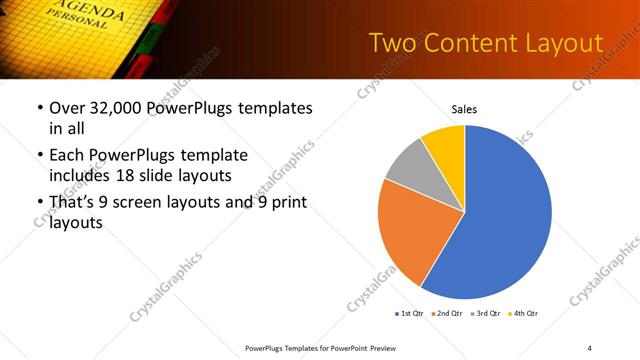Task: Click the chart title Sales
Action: (x=465, y=109)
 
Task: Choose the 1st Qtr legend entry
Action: (x=409, y=314)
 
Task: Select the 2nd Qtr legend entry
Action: (x=447, y=314)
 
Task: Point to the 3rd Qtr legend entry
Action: (x=485, y=314)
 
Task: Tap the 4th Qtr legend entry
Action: (x=523, y=314)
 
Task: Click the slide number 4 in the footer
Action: (x=589, y=348)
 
